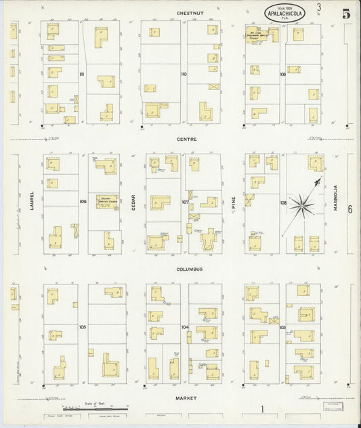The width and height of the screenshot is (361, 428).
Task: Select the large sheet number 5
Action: pos(346,12)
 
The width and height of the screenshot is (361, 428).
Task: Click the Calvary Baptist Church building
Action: pos(106,201)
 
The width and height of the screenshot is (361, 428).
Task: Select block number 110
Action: pos(183,74)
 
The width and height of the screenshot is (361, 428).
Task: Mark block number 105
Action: pos(82,327)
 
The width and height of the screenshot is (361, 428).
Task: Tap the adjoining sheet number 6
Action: pos(349,209)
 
